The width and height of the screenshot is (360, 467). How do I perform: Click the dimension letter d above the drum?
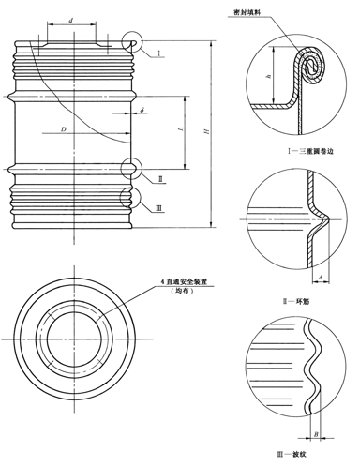coord(73,19)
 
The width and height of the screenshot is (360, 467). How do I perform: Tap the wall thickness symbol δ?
coord(142,111)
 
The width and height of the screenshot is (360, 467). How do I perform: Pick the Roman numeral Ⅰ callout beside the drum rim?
coord(159,53)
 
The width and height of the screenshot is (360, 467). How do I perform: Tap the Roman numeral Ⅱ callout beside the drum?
coord(160,178)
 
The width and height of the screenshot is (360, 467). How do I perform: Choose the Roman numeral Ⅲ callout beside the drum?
coord(159,207)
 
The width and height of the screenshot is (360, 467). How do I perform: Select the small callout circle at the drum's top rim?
coord(133,42)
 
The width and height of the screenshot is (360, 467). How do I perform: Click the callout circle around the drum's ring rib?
coord(133,168)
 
